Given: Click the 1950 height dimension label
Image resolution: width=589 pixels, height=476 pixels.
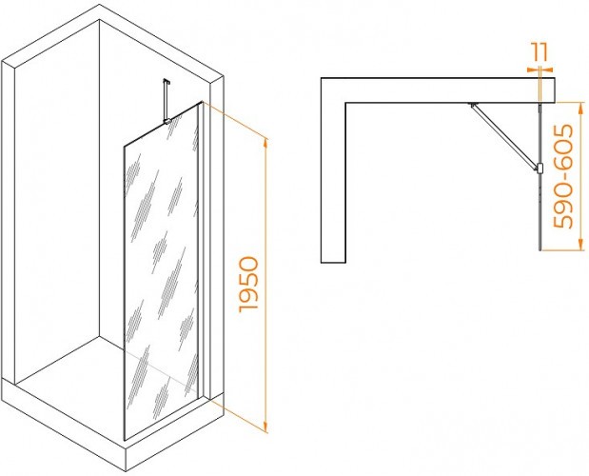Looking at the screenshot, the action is (x=249, y=285).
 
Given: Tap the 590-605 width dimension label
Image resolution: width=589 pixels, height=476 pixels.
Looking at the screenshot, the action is (x=563, y=176).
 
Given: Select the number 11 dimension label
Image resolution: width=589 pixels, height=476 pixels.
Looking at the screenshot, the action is (x=540, y=52).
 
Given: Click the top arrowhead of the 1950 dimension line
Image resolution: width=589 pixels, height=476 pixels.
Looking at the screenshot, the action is (x=265, y=143).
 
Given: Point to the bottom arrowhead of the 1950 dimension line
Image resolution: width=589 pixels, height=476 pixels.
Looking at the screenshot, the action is (x=265, y=426).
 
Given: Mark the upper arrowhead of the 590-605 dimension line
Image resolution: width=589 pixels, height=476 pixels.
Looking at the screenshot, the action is (x=580, y=108).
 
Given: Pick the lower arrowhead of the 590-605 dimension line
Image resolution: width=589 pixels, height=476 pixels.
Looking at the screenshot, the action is (x=580, y=245).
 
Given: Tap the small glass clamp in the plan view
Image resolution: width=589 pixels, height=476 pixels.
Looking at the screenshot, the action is (x=540, y=169).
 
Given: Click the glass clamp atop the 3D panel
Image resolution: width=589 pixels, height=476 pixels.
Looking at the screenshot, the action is (x=167, y=121).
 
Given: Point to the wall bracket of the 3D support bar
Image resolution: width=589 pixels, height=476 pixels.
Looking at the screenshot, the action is (x=166, y=81).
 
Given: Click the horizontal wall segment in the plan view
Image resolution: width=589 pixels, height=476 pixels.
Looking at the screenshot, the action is (x=438, y=90).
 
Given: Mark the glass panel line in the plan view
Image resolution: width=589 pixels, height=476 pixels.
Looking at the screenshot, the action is (x=540, y=176).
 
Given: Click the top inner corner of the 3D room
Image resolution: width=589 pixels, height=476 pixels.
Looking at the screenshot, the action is (x=99, y=20).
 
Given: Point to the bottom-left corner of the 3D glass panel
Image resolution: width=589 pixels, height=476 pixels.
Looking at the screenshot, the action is (x=125, y=440).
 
